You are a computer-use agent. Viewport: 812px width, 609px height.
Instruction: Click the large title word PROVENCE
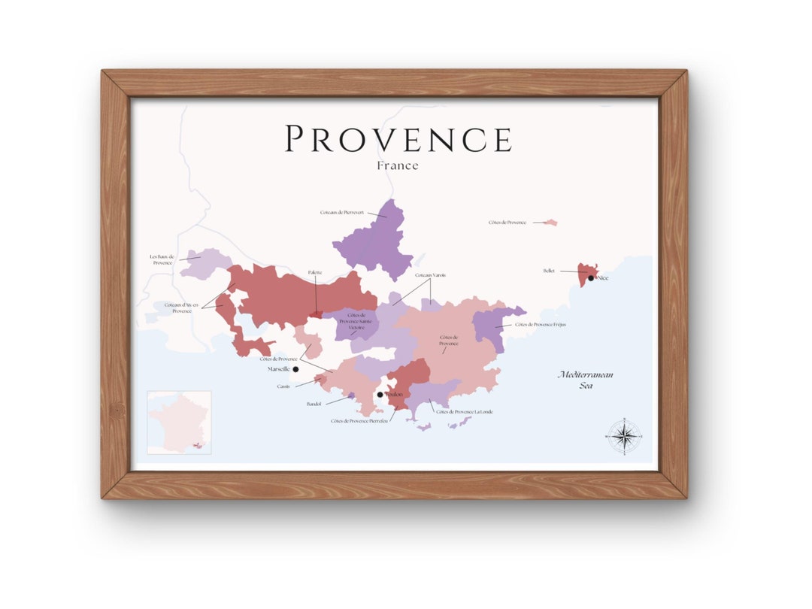pyautogui.click(x=398, y=139)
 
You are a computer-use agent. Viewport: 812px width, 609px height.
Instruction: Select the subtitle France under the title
pyautogui.click(x=398, y=165)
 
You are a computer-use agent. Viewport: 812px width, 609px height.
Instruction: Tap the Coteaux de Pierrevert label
pyautogui.click(x=342, y=213)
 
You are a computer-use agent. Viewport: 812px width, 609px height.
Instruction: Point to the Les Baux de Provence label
pyautogui.click(x=162, y=259)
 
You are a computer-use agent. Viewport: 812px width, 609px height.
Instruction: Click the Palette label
pyautogui.click(x=315, y=272)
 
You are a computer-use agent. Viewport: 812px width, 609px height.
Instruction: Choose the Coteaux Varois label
pyautogui.click(x=431, y=275)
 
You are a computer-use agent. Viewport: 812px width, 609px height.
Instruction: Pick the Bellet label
pyautogui.click(x=549, y=271)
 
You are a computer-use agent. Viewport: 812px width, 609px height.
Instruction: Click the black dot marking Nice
pyautogui.click(x=591, y=278)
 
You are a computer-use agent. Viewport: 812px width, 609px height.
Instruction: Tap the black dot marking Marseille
pyautogui.click(x=295, y=369)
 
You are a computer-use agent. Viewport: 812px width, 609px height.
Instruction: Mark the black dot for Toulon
pyautogui.click(x=380, y=394)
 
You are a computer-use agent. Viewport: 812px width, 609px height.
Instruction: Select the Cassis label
pyautogui.click(x=283, y=386)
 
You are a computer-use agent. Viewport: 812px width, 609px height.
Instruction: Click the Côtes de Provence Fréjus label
pyautogui.click(x=541, y=325)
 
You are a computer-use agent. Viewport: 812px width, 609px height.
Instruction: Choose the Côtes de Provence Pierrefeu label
pyautogui.click(x=359, y=421)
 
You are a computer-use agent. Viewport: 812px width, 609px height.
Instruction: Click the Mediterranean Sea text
pyautogui.click(x=575, y=380)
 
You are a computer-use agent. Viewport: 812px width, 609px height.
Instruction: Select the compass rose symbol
pyautogui.click(x=623, y=436)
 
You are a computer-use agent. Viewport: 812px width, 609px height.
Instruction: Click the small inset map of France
pyautogui.click(x=179, y=423)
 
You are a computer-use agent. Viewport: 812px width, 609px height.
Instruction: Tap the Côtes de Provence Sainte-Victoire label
pyautogui.click(x=350, y=321)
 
